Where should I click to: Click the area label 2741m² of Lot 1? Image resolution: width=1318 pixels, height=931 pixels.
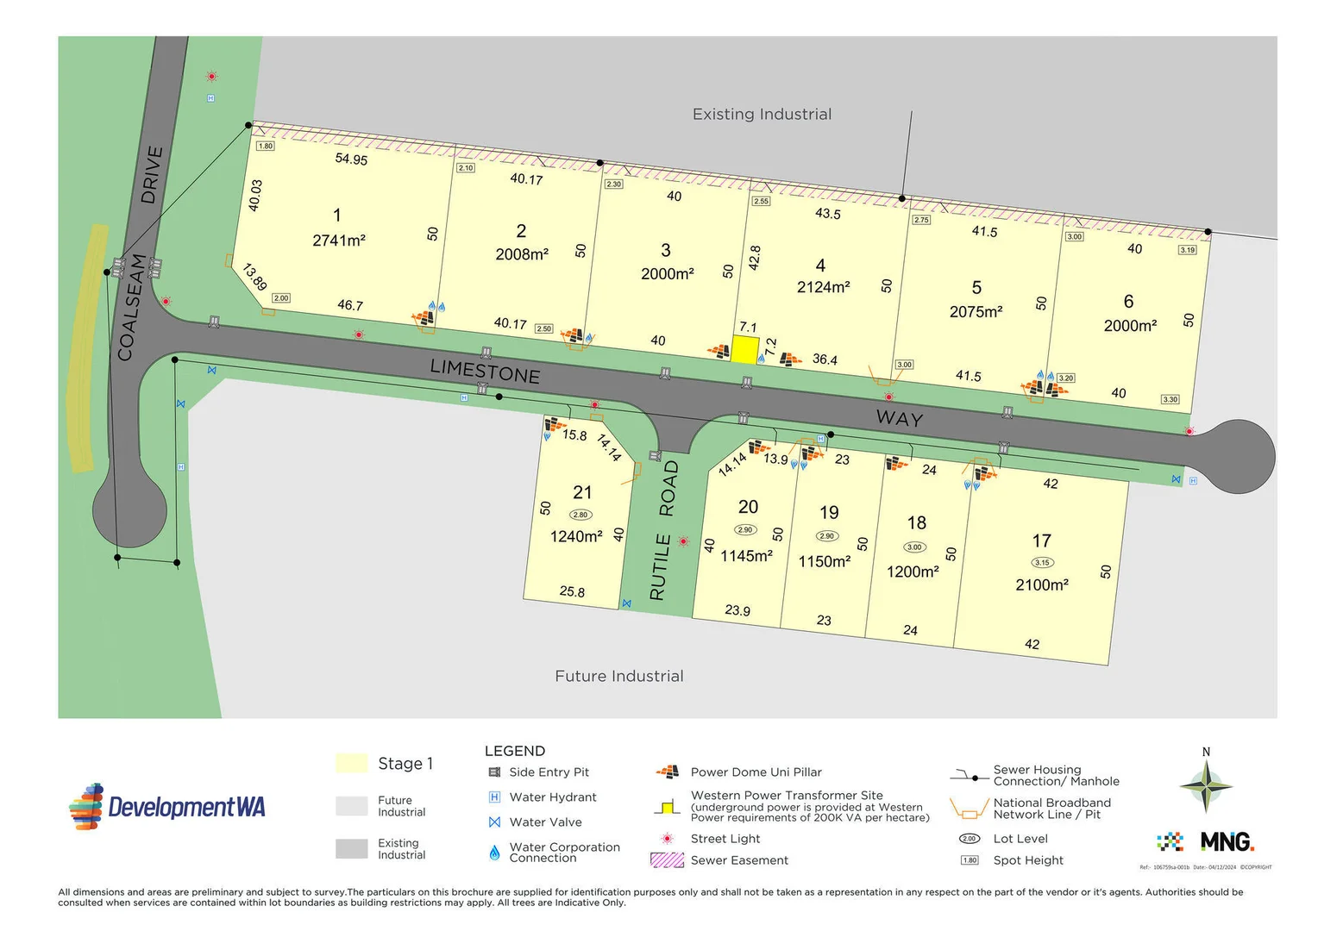point(338,241)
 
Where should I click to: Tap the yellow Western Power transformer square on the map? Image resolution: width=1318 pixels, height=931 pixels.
point(745,349)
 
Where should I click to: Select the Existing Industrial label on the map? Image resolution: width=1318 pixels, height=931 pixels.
point(762,114)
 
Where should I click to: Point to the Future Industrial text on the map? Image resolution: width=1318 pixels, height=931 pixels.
point(618,676)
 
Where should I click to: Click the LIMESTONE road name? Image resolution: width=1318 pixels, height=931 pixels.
point(485,371)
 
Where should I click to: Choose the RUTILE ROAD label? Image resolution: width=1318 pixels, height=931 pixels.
point(663,530)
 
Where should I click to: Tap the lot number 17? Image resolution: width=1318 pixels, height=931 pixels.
point(1041,540)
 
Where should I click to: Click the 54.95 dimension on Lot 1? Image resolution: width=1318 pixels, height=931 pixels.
point(351,159)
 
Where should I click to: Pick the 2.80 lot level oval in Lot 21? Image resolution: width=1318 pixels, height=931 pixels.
point(581,515)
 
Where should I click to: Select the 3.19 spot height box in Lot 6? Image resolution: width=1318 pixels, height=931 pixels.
point(1187,250)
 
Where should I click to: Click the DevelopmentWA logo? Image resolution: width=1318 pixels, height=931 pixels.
point(167,807)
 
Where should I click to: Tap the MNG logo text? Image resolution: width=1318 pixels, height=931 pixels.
point(1227,841)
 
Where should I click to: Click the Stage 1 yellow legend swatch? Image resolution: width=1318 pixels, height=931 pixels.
point(351,763)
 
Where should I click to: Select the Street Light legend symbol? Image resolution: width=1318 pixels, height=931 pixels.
point(667,838)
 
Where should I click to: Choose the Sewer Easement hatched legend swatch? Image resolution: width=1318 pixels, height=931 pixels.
point(667,859)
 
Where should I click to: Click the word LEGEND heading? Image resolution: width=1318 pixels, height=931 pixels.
point(514,751)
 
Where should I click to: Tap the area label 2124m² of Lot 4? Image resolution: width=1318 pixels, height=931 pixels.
point(823,287)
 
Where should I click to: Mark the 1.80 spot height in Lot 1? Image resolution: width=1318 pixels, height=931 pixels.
point(266,146)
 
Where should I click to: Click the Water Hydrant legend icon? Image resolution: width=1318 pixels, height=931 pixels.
point(494,797)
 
